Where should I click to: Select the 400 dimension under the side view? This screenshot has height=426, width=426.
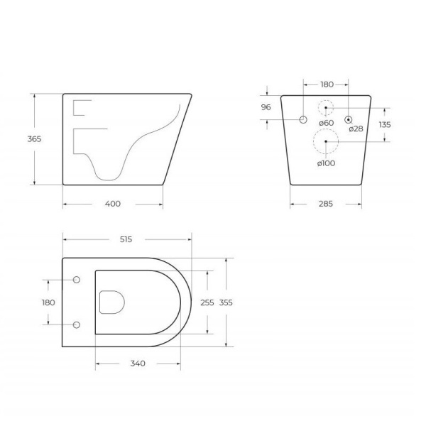(x=113, y=204)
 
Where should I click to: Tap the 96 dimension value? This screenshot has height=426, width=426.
(x=266, y=107)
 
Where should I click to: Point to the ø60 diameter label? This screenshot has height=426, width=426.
(x=326, y=123)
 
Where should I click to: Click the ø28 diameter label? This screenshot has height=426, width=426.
(x=356, y=129)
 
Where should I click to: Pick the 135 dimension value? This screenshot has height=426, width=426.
(x=385, y=124)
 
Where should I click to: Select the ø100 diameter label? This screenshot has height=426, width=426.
(x=326, y=163)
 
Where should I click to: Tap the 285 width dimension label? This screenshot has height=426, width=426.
(x=326, y=204)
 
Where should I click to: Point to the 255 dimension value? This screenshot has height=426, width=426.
(x=207, y=302)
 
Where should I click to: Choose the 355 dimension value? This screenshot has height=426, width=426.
(x=226, y=302)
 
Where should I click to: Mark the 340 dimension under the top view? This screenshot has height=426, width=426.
(x=138, y=364)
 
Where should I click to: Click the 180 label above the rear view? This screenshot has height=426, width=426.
(x=326, y=84)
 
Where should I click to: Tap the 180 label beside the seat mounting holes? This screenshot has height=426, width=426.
(x=49, y=302)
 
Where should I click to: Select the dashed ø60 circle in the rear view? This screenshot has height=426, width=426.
(x=326, y=109)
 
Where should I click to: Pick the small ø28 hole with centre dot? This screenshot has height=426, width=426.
(x=349, y=119)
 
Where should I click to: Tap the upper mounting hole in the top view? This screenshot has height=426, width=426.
(x=77, y=279)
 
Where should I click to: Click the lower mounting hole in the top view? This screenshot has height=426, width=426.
(x=77, y=325)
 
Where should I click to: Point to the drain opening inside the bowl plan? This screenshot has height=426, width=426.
(x=112, y=302)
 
